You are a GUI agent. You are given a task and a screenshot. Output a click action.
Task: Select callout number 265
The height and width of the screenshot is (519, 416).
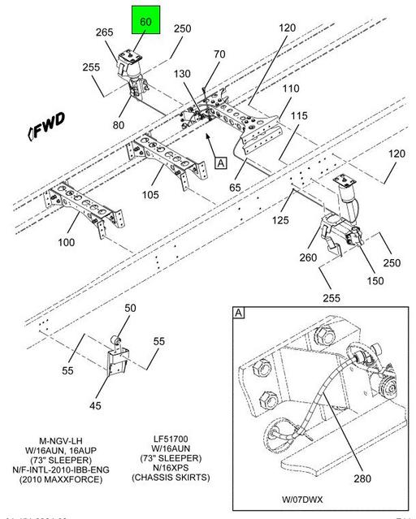(104, 32)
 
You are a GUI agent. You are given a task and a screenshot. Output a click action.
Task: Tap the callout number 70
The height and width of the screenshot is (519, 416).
(219, 55)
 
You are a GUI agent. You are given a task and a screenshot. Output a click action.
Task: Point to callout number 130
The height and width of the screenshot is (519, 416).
(181, 74)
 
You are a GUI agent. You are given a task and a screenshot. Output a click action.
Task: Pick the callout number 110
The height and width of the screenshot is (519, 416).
(290, 89)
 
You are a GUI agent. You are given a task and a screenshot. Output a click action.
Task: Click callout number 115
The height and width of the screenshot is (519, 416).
(299, 117)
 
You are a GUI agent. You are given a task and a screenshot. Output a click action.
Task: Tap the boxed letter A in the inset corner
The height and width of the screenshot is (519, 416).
(238, 314)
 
